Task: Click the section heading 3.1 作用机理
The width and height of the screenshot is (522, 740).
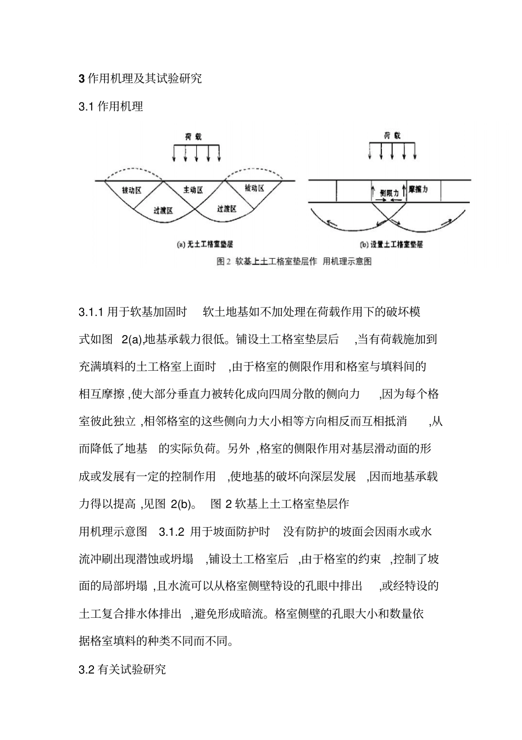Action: (111, 107)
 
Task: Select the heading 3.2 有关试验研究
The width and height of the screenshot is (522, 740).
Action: (122, 670)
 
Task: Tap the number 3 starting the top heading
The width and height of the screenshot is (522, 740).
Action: (82, 79)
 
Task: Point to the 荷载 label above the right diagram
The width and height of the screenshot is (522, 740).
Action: (392, 135)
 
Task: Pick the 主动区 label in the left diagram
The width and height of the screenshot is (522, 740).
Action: (193, 190)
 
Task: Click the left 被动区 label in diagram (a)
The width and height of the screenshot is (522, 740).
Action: (132, 190)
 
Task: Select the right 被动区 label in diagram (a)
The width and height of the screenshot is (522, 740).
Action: (254, 188)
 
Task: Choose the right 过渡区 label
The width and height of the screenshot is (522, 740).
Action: (226, 209)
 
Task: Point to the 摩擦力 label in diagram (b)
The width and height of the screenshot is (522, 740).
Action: (418, 189)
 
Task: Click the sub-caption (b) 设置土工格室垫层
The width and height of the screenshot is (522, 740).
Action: (391, 244)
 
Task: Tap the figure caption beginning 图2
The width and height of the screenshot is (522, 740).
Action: (294, 261)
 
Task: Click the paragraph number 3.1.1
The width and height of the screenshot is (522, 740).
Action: (91, 313)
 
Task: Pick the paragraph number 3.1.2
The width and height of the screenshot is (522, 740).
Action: (170, 531)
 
